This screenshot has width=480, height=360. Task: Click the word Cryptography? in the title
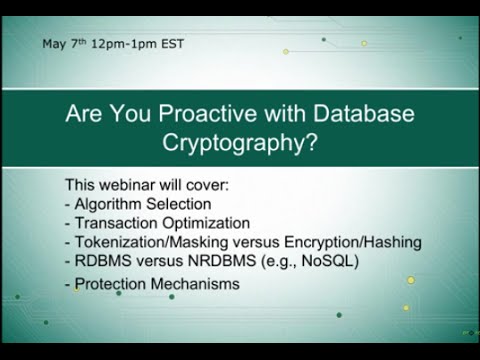pos(240,142)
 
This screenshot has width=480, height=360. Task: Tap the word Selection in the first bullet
pos(175,204)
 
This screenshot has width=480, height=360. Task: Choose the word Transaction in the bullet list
pos(115,223)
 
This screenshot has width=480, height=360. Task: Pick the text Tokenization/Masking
pos(150,242)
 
